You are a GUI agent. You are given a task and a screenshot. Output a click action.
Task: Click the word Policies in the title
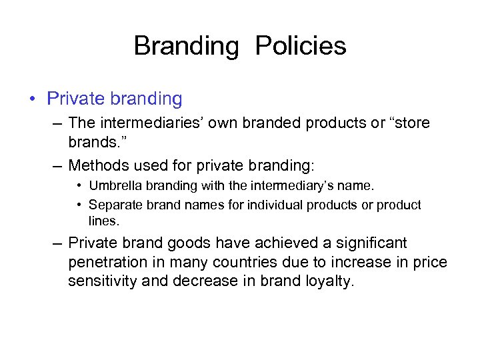(301, 46)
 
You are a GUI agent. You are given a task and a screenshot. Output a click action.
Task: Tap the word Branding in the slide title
(185, 46)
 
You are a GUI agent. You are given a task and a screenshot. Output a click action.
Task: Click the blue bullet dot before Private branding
(33, 100)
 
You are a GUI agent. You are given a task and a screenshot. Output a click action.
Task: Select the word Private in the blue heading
(71, 99)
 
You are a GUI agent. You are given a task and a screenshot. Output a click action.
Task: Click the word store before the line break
(411, 124)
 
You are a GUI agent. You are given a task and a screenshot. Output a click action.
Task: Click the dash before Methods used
(58, 165)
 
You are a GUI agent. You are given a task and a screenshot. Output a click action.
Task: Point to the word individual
(275, 205)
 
